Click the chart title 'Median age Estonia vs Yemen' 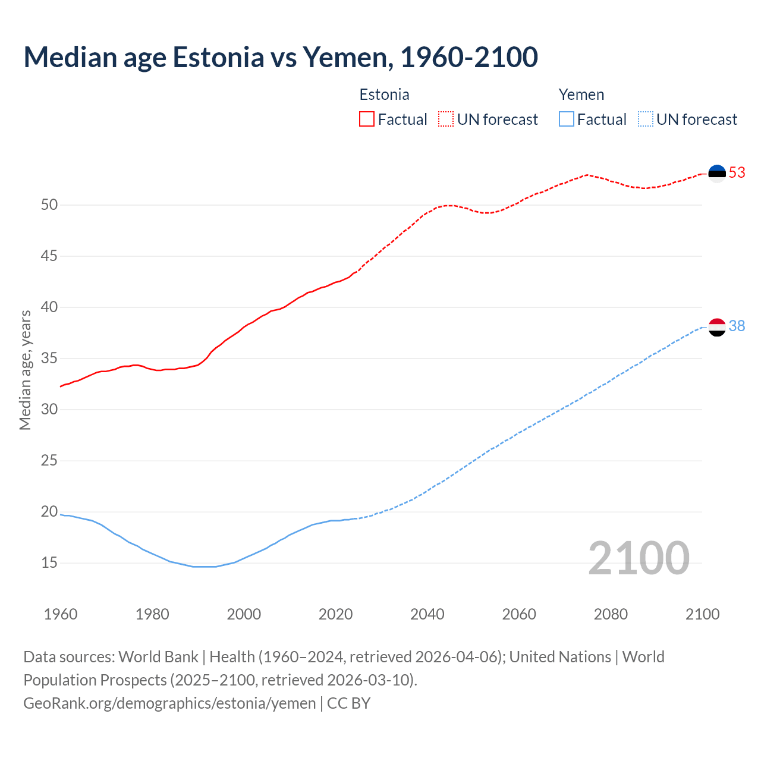(x=281, y=57)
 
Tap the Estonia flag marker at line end (x=717, y=173)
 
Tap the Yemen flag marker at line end (x=717, y=327)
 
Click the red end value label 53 (x=737, y=172)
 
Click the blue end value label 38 (x=737, y=326)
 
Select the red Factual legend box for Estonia (x=367, y=120)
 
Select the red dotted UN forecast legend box (x=446, y=120)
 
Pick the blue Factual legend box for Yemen (x=566, y=120)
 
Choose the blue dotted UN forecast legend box (x=645, y=120)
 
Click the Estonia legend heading (x=384, y=95)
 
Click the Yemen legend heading (x=581, y=95)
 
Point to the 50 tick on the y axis (x=49, y=205)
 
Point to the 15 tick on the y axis (x=49, y=562)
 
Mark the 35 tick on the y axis (x=49, y=359)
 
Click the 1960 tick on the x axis (x=61, y=614)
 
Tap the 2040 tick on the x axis (x=427, y=614)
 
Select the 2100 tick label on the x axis (x=702, y=614)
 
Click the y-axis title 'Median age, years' (x=25, y=370)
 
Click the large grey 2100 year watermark (x=639, y=558)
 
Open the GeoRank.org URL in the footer (x=169, y=703)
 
